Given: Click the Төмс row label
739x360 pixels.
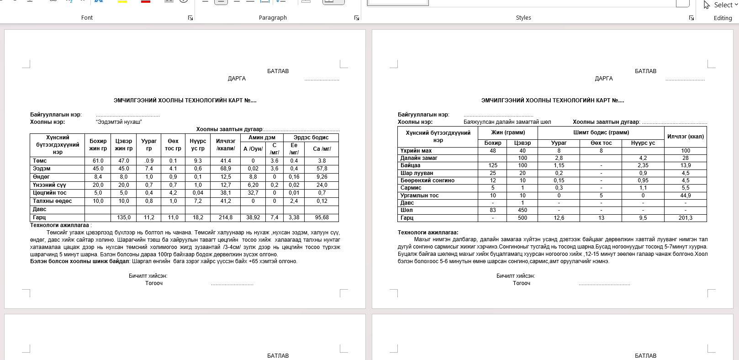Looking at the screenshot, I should [40, 161].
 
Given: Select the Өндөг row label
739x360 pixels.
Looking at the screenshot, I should [41, 177].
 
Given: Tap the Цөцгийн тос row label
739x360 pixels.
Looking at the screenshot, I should [50, 193].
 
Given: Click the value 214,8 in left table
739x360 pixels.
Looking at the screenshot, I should [226, 217].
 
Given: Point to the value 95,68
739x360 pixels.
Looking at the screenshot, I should [322, 217].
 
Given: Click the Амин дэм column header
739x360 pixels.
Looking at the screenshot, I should [262, 138].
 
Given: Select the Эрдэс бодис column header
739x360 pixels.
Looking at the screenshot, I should [311, 138].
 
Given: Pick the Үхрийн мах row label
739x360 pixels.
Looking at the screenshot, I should [416, 151].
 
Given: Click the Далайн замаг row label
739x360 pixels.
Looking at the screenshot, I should [419, 158].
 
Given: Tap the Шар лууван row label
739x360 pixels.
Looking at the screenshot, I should [417, 173].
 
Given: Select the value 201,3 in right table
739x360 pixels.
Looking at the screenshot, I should [685, 218].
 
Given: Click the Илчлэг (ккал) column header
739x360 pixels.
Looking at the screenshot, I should [685, 137].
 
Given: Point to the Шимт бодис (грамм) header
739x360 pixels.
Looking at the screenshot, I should [601, 132].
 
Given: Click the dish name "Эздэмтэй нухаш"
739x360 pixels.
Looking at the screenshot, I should [119, 122].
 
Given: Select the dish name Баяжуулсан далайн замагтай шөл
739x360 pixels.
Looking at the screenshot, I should [507, 122].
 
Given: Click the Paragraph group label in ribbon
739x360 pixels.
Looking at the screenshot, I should [273, 18].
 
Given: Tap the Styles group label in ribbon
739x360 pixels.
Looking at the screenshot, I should [523, 18].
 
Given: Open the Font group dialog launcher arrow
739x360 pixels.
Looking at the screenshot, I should [190, 18].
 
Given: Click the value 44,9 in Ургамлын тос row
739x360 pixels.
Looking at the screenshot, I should [685, 196].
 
